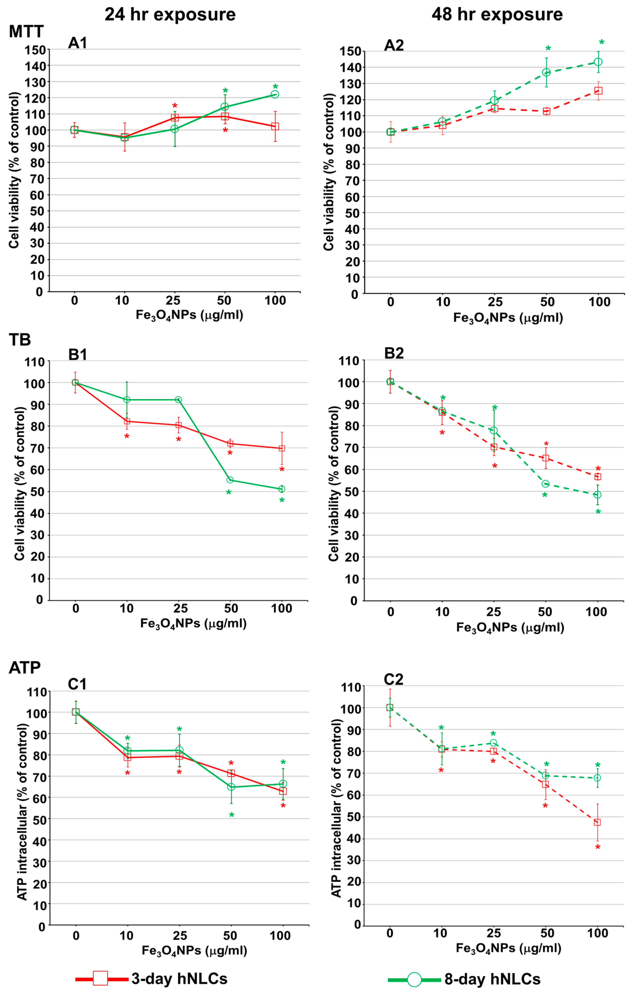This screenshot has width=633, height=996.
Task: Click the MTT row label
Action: coord(26,31)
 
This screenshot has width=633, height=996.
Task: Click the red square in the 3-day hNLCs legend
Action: coord(100,978)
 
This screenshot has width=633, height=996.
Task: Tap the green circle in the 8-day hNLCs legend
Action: coord(414,980)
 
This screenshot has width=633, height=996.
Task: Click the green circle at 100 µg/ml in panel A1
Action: coord(275,94)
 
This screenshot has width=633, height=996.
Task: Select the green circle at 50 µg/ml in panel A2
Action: coord(546,72)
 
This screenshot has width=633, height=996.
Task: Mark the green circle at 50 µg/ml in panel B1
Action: coord(230,480)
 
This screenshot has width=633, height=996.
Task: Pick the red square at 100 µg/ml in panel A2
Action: coord(598,91)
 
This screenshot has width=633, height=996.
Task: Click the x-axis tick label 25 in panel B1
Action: coord(180,608)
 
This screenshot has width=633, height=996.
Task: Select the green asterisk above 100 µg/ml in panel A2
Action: coord(602,43)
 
